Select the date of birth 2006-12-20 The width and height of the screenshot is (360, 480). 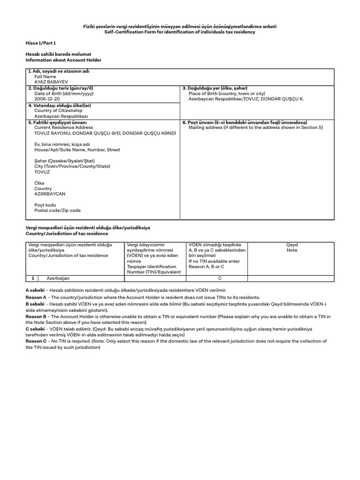click(x=47, y=99)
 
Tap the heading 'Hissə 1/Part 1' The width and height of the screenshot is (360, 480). click(x=41, y=43)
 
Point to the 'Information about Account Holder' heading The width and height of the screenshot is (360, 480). click(x=63, y=60)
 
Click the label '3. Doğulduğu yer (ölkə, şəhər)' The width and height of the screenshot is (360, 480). click(x=215, y=88)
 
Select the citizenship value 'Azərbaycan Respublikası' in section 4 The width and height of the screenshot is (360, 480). click(x=61, y=116)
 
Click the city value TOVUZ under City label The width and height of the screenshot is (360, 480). click(x=42, y=172)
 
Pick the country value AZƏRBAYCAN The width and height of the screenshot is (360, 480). click(x=50, y=194)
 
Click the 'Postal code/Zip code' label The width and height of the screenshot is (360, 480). click(x=57, y=210)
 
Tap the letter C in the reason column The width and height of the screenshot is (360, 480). click(x=219, y=278)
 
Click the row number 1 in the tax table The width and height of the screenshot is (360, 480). click(x=33, y=278)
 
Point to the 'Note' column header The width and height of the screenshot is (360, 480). click(x=292, y=250)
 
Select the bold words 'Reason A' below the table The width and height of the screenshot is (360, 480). click(x=36, y=297)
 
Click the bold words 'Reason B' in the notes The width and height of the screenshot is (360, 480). click(x=36, y=316)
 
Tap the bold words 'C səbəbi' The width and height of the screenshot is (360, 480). click(x=35, y=329)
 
